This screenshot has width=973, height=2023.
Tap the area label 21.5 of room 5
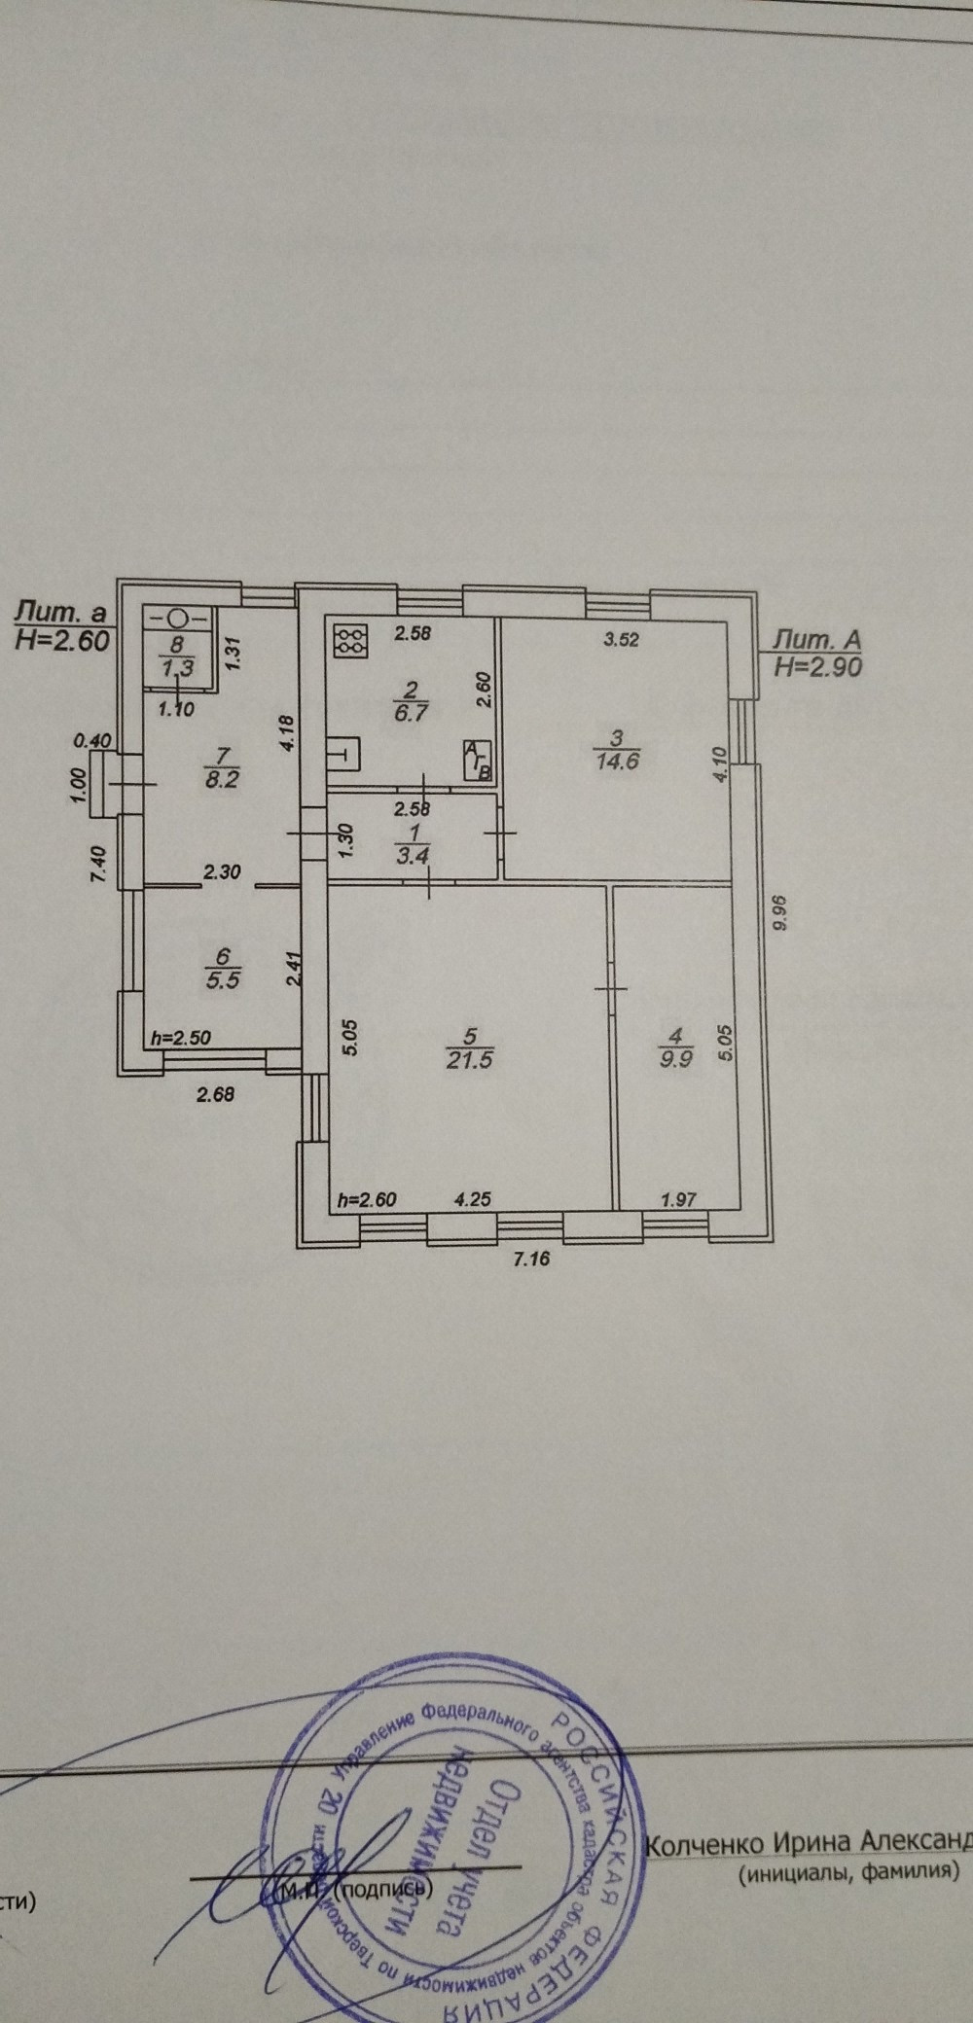[x=469, y=1059]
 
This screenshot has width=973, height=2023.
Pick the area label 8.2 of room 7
[x=222, y=779]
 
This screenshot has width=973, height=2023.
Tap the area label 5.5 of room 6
[x=223, y=979]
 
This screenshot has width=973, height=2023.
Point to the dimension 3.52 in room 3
[x=621, y=639]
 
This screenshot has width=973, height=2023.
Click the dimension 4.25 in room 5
[x=473, y=1199]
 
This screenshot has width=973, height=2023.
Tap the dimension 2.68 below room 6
[x=216, y=1094]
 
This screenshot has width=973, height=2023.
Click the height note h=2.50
[x=182, y=1038]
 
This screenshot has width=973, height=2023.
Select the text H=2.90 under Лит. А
[x=817, y=666]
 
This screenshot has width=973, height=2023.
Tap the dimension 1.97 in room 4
[x=678, y=1199]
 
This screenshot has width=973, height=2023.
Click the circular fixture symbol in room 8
[x=178, y=617]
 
